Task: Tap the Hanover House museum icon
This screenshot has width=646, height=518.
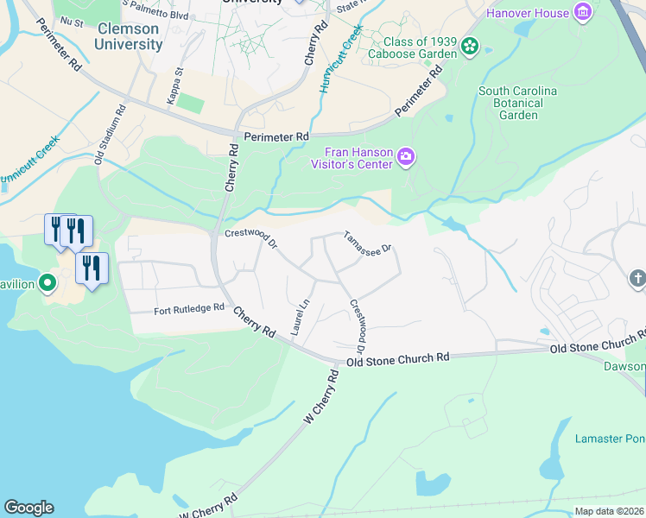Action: tap(584, 13)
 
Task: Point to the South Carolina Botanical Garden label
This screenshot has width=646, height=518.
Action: tap(517, 103)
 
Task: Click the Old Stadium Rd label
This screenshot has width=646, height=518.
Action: tap(111, 135)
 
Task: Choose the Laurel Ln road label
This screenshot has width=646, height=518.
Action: tap(300, 317)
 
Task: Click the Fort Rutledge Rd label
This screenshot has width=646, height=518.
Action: tap(189, 308)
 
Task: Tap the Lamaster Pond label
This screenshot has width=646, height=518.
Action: tap(610, 439)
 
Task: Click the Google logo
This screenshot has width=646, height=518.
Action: tap(28, 508)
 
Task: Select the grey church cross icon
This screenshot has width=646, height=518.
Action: tap(637, 279)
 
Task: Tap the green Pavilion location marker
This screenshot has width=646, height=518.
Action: tap(47, 282)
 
